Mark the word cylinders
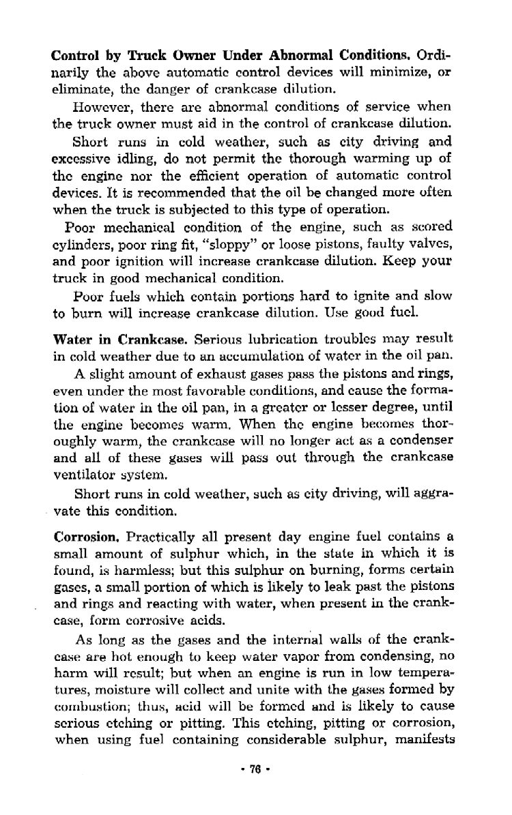(81, 242)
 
